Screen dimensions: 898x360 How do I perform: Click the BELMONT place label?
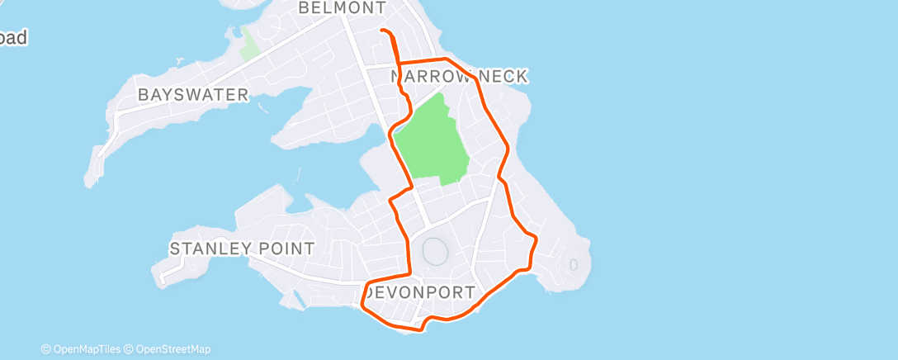(x=342, y=8)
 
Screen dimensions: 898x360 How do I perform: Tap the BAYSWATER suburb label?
(x=193, y=95)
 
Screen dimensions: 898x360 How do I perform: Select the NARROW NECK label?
(x=459, y=77)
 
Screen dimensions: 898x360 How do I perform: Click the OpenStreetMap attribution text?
(x=172, y=349)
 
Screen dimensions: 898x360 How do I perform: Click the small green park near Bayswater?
(x=249, y=44)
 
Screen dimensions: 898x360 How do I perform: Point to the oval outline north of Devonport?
(x=434, y=252)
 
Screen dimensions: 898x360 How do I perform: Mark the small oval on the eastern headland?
(x=572, y=265)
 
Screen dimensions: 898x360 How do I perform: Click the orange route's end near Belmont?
(x=381, y=31)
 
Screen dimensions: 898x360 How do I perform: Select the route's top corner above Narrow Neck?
(x=446, y=59)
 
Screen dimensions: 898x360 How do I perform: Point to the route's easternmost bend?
(x=536, y=239)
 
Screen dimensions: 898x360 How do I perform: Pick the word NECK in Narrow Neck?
(x=500, y=77)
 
